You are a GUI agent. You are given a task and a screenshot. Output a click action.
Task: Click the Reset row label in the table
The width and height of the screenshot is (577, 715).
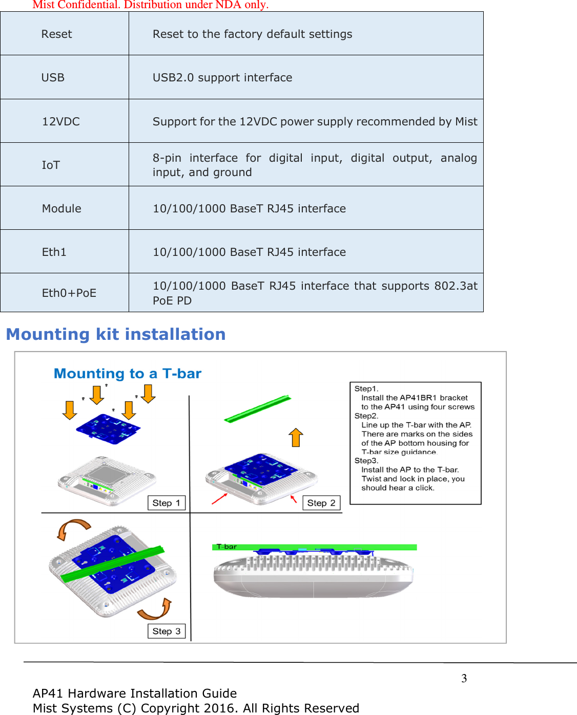pos(56,34)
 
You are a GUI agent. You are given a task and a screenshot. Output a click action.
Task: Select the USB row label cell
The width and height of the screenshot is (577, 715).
pos(53,78)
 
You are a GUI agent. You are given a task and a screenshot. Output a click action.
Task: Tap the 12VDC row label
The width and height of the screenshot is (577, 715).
pos(60,122)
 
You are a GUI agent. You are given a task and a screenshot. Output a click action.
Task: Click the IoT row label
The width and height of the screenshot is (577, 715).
pos(51,165)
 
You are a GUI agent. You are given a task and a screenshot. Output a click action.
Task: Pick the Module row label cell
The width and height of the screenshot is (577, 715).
pos(61,209)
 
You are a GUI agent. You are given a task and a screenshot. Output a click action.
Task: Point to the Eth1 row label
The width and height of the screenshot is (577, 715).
pos(54,252)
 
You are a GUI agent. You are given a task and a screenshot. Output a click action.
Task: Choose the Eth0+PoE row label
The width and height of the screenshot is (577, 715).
pos(69,293)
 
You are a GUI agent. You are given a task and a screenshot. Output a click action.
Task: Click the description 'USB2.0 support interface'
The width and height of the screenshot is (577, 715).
pos(222,78)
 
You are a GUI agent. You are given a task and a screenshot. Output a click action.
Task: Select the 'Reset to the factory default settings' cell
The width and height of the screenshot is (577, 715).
pos(252,34)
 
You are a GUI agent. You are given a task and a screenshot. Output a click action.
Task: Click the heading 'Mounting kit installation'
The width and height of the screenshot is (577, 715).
pos(116,334)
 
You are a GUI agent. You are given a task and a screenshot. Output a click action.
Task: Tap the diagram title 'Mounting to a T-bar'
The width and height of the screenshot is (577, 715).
pos(128,374)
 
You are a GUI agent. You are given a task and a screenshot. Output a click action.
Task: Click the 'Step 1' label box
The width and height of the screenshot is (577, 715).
pos(166,503)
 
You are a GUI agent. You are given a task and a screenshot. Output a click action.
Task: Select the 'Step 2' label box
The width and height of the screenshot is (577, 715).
pos(321,503)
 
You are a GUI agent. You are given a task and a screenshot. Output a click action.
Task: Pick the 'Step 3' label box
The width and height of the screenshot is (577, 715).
pos(166,631)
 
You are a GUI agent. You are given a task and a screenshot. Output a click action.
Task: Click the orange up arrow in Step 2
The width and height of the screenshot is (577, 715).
pos(296,438)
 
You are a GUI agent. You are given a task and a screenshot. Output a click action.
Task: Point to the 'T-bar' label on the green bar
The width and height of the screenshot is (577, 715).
pos(226,547)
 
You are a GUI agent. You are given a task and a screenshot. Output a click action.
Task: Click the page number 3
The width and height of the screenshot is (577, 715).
pos(464,679)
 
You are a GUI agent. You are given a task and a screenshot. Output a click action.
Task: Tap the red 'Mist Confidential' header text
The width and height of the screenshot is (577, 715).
pos(150,5)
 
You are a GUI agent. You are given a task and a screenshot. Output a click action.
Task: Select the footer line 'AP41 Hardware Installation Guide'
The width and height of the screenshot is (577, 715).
pos(135,694)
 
